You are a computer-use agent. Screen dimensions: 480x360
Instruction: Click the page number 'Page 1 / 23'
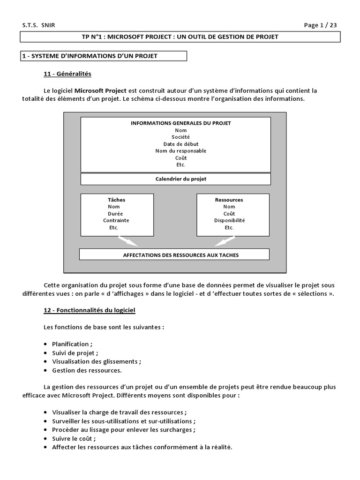point(321,25)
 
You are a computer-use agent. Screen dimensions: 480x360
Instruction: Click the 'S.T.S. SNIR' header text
point(38,25)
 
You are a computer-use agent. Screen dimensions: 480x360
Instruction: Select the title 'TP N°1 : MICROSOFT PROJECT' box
point(180,37)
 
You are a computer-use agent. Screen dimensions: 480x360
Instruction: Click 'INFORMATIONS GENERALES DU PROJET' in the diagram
point(180,123)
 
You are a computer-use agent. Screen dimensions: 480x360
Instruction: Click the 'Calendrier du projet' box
point(180,179)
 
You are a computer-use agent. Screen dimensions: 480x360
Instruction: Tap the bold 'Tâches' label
point(117,200)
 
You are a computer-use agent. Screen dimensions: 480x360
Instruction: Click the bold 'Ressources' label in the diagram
point(229,200)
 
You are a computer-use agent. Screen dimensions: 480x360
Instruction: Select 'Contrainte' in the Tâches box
point(116,220)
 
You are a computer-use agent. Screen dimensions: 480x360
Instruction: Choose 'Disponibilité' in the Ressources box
point(230,220)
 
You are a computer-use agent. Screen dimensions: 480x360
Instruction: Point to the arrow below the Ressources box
point(225,241)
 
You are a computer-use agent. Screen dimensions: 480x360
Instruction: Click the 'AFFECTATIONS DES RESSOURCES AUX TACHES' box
point(180,255)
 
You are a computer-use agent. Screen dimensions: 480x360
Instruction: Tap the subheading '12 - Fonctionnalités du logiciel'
point(90,310)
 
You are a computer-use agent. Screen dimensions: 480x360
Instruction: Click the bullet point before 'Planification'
point(46,344)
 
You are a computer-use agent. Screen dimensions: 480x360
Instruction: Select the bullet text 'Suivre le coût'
point(74,439)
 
